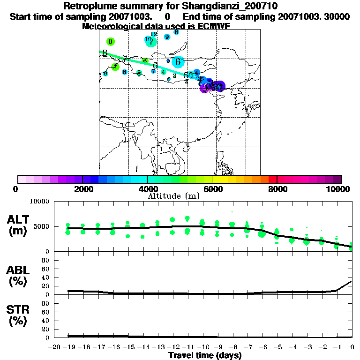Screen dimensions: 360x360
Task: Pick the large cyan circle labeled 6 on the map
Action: [x=178, y=61]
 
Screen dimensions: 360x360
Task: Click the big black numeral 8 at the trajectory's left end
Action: [x=105, y=53]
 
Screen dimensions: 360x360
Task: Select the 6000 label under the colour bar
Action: [x=212, y=189]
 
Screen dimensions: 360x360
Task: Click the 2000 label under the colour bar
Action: [x=82, y=189]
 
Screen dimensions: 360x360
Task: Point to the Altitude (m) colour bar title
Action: [x=173, y=196]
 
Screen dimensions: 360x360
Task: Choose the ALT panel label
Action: [x=18, y=219]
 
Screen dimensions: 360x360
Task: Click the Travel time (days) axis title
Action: [x=205, y=355]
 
